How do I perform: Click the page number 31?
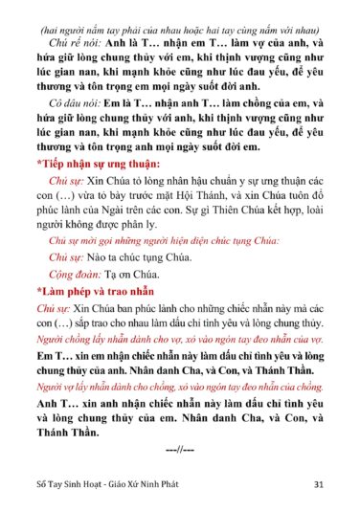click(317, 484)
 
